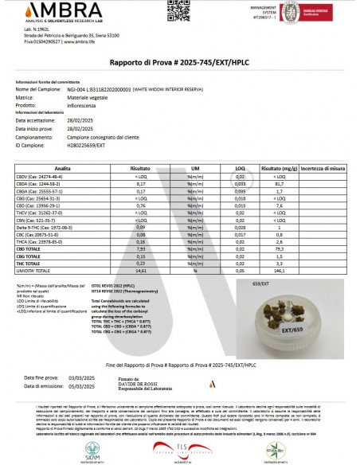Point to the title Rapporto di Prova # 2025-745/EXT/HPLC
point(179,61)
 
